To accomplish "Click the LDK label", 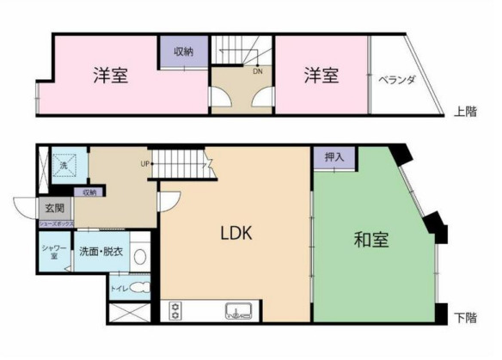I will tap(235, 233).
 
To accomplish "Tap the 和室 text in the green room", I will tap(370, 241).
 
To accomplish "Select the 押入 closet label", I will tap(334, 157).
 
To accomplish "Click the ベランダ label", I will tap(397, 80).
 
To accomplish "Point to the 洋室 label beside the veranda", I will tap(320, 76).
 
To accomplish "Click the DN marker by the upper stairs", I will tap(258, 71).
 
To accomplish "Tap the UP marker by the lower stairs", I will tap(145, 163).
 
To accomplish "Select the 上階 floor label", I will tap(465, 111).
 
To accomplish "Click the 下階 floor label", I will tap(465, 318).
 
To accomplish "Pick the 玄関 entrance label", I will tap(53, 207).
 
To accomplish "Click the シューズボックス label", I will tap(55, 223).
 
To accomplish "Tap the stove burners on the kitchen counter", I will tap(177, 310).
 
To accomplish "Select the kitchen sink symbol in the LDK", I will tap(239, 310).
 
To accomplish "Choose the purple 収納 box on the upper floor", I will tap(183, 52).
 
